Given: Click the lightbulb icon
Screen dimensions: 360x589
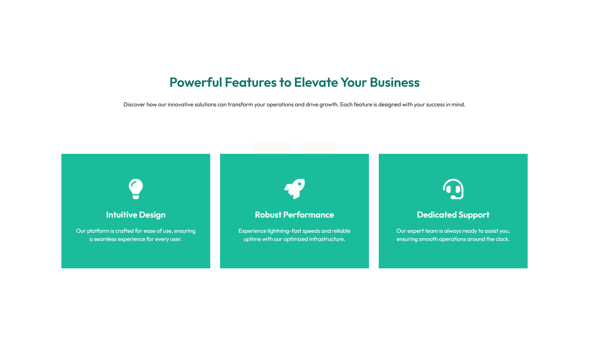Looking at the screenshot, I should [135, 189].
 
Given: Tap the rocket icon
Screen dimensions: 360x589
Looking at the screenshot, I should [294, 189].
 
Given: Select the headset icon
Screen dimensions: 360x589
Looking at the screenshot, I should [453, 189].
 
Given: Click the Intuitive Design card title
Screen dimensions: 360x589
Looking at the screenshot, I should [135, 215].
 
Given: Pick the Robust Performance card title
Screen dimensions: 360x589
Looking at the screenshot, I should [294, 215].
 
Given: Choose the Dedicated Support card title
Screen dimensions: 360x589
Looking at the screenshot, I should [453, 215].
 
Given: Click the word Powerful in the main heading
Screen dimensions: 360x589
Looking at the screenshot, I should [196, 82].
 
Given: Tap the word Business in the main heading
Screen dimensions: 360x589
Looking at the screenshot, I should [395, 82].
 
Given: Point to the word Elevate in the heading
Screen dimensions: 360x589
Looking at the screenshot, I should [316, 82].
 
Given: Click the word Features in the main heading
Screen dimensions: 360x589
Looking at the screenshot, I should [251, 82].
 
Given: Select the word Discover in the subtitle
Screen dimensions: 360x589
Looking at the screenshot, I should [134, 105].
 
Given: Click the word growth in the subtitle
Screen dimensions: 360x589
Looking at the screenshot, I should [328, 105].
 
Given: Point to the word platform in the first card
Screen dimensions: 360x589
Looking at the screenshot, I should [98, 231].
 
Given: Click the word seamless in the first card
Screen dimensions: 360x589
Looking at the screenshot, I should [105, 239].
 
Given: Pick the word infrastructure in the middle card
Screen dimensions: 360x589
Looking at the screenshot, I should [327, 239].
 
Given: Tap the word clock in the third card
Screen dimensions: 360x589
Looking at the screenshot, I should [502, 239].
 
